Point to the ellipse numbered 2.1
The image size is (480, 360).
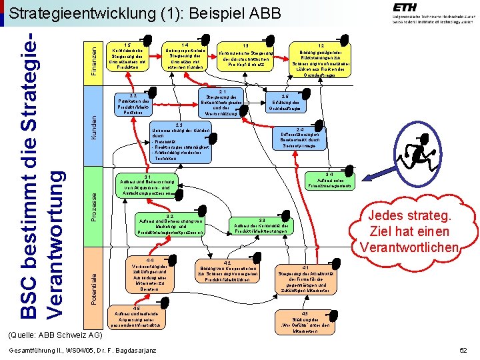click(x=226, y=103)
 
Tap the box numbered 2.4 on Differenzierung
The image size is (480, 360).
click(x=300, y=140)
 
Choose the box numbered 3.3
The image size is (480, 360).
click(x=261, y=225)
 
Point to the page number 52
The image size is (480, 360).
click(x=463, y=351)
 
